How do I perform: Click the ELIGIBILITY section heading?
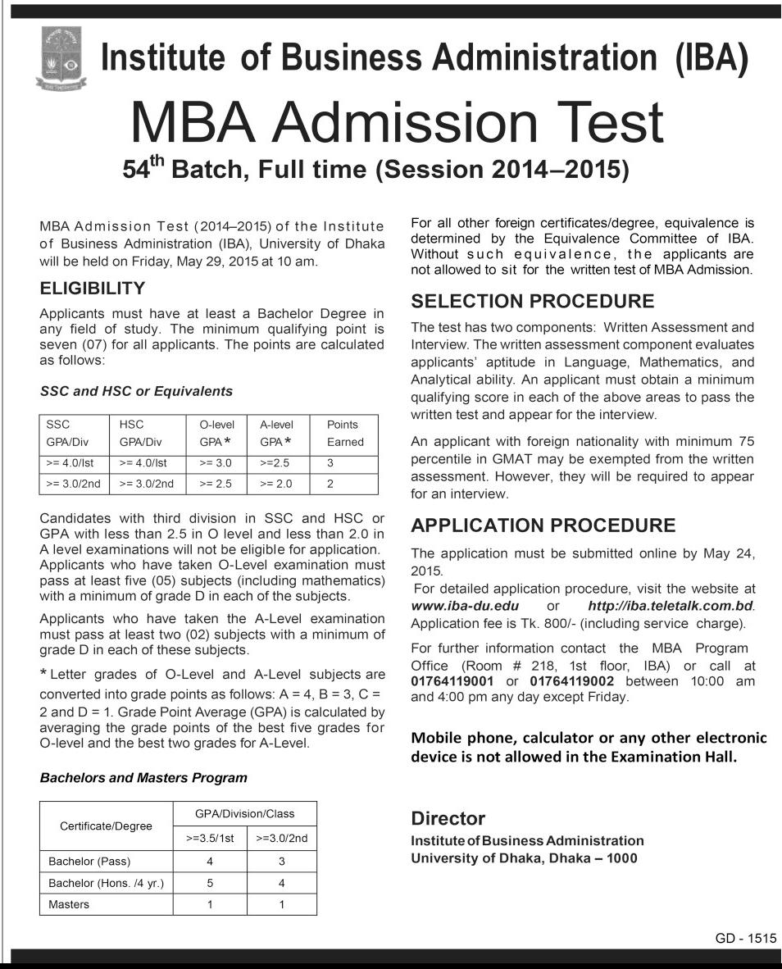tap(93, 289)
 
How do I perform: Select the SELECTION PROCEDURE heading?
tap(533, 301)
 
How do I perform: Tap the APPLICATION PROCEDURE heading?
tap(543, 525)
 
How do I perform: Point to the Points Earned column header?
tap(345, 434)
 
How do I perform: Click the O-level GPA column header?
tap(217, 434)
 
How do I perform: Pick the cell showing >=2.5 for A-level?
tap(275, 463)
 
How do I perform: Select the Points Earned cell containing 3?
tap(330, 463)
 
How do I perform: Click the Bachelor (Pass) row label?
tap(89, 861)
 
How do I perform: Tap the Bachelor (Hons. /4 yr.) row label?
tap(107, 883)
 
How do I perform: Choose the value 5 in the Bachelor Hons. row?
tap(210, 883)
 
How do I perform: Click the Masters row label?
tap(69, 904)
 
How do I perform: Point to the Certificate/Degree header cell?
tap(107, 826)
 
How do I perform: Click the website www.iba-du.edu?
tap(464, 606)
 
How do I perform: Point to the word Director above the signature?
tap(448, 818)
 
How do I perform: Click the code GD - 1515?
tap(745, 939)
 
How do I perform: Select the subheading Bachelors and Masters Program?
tap(143, 777)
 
